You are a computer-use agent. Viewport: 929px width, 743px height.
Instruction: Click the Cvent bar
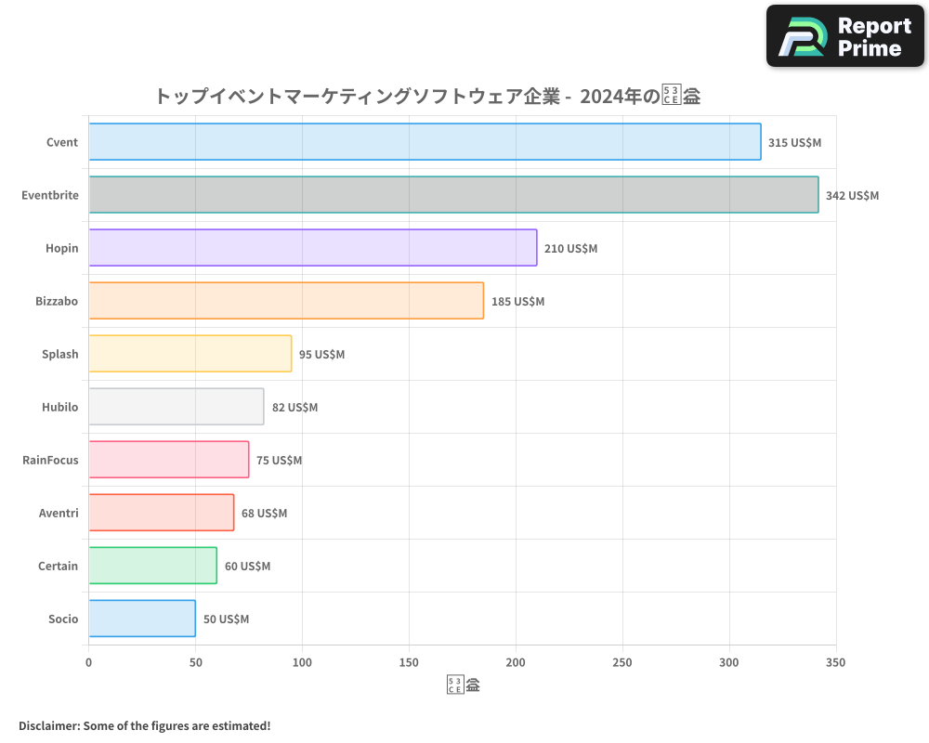point(425,142)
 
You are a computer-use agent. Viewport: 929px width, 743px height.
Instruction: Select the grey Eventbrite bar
point(453,195)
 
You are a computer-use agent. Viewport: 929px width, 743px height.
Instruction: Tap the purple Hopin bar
point(313,248)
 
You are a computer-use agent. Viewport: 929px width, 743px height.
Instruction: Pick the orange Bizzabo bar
point(286,301)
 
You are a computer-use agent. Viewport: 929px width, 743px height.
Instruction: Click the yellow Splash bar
point(190,354)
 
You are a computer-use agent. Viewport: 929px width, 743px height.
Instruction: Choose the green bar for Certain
point(153,566)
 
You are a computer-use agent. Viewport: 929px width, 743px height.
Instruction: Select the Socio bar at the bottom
point(142,619)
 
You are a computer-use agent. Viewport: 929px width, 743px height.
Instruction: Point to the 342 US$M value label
point(852,195)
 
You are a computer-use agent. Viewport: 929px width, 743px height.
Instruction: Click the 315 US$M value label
point(794,142)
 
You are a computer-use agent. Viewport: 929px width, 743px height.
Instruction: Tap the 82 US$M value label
point(294,407)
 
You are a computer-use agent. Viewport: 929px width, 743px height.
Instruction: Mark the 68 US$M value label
point(264,513)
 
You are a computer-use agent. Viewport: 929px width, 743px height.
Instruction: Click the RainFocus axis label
point(50,460)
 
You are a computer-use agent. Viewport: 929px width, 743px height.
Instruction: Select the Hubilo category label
point(59,407)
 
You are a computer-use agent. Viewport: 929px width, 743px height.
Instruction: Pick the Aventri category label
point(59,513)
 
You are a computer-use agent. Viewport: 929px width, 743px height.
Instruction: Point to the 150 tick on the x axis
point(409,662)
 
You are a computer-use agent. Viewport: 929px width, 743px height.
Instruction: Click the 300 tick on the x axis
point(729,662)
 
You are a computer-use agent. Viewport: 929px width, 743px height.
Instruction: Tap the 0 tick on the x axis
point(89,662)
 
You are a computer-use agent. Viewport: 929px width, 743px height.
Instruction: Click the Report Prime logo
point(844,36)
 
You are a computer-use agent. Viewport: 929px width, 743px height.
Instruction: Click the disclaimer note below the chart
point(144,725)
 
